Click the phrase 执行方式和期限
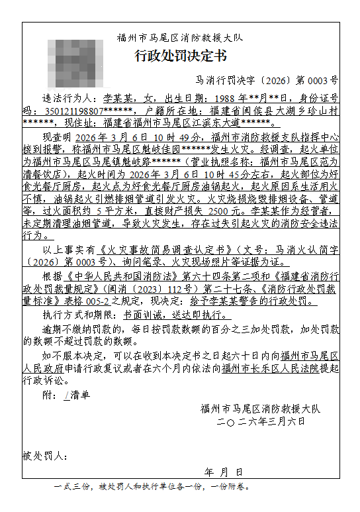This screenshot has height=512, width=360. [x=77, y=317]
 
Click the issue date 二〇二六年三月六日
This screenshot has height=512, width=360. [x=261, y=421]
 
